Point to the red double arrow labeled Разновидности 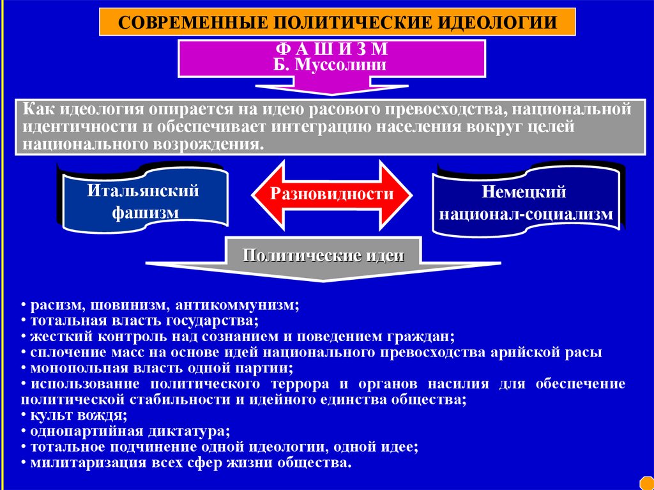click(x=331, y=194)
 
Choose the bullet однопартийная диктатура click(x=125, y=431)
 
